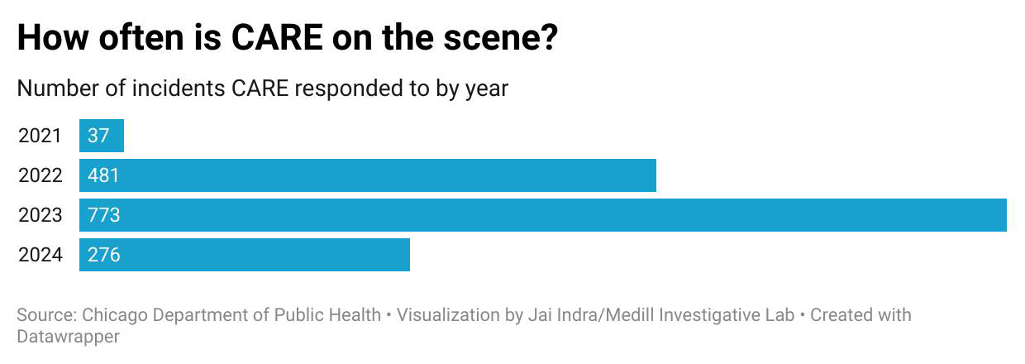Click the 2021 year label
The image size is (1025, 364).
pyautogui.click(x=40, y=136)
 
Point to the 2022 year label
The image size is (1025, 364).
pyautogui.click(x=40, y=175)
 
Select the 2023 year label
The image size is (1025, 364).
pyautogui.click(x=40, y=215)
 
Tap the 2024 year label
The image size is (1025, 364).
pyautogui.click(x=40, y=255)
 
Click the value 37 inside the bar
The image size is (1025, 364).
pyautogui.click(x=98, y=136)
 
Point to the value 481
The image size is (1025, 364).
pyautogui.click(x=103, y=175)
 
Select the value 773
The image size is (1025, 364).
pyautogui.click(x=103, y=215)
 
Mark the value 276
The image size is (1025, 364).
pyautogui.click(x=103, y=255)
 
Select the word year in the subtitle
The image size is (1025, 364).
pyautogui.click(x=485, y=88)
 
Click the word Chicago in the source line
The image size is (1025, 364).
pyautogui.click(x=114, y=315)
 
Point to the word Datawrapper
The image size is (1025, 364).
pyautogui.click(x=68, y=337)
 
